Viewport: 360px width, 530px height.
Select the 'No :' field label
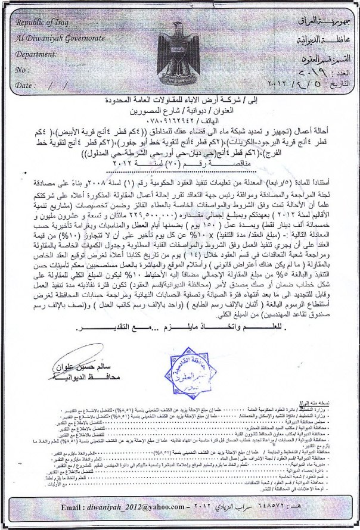(x=23, y=70)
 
